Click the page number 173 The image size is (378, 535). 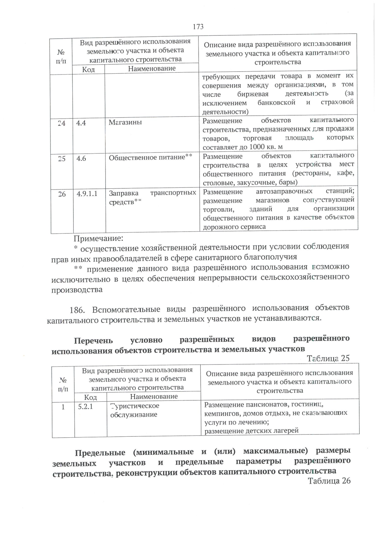pyautogui.click(x=198, y=27)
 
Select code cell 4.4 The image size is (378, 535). pyautogui.click(x=81, y=123)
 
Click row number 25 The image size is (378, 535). pyautogui.click(x=62, y=159)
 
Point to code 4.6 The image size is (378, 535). pyautogui.click(x=81, y=158)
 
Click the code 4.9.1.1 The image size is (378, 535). pyautogui.click(x=87, y=194)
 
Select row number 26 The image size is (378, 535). pyautogui.click(x=62, y=194)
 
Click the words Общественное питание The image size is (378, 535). pyautogui.click(x=146, y=157)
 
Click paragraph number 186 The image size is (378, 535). pyautogui.click(x=77, y=310)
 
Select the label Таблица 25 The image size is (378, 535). pyautogui.click(x=328, y=358)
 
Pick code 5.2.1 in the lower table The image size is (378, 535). pyautogui.click(x=85, y=406)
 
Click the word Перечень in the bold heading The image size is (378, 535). pyautogui.click(x=93, y=341)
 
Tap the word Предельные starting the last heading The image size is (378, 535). pyautogui.click(x=100, y=453)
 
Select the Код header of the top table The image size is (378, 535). pyautogui.click(x=89, y=69)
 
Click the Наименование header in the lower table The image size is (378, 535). pyautogui.click(x=154, y=396)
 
